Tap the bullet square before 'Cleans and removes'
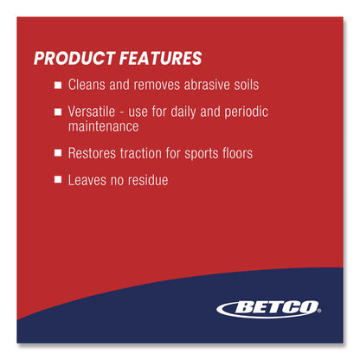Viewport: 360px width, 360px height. (x=58, y=87)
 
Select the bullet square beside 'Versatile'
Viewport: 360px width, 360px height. (x=58, y=112)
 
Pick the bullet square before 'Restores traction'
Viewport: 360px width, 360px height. (x=58, y=153)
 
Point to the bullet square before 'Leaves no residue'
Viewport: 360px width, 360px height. (x=58, y=180)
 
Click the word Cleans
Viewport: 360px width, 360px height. (x=87, y=86)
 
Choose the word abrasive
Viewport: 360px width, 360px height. (x=203, y=86)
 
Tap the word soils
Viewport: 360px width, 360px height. (x=243, y=86)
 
